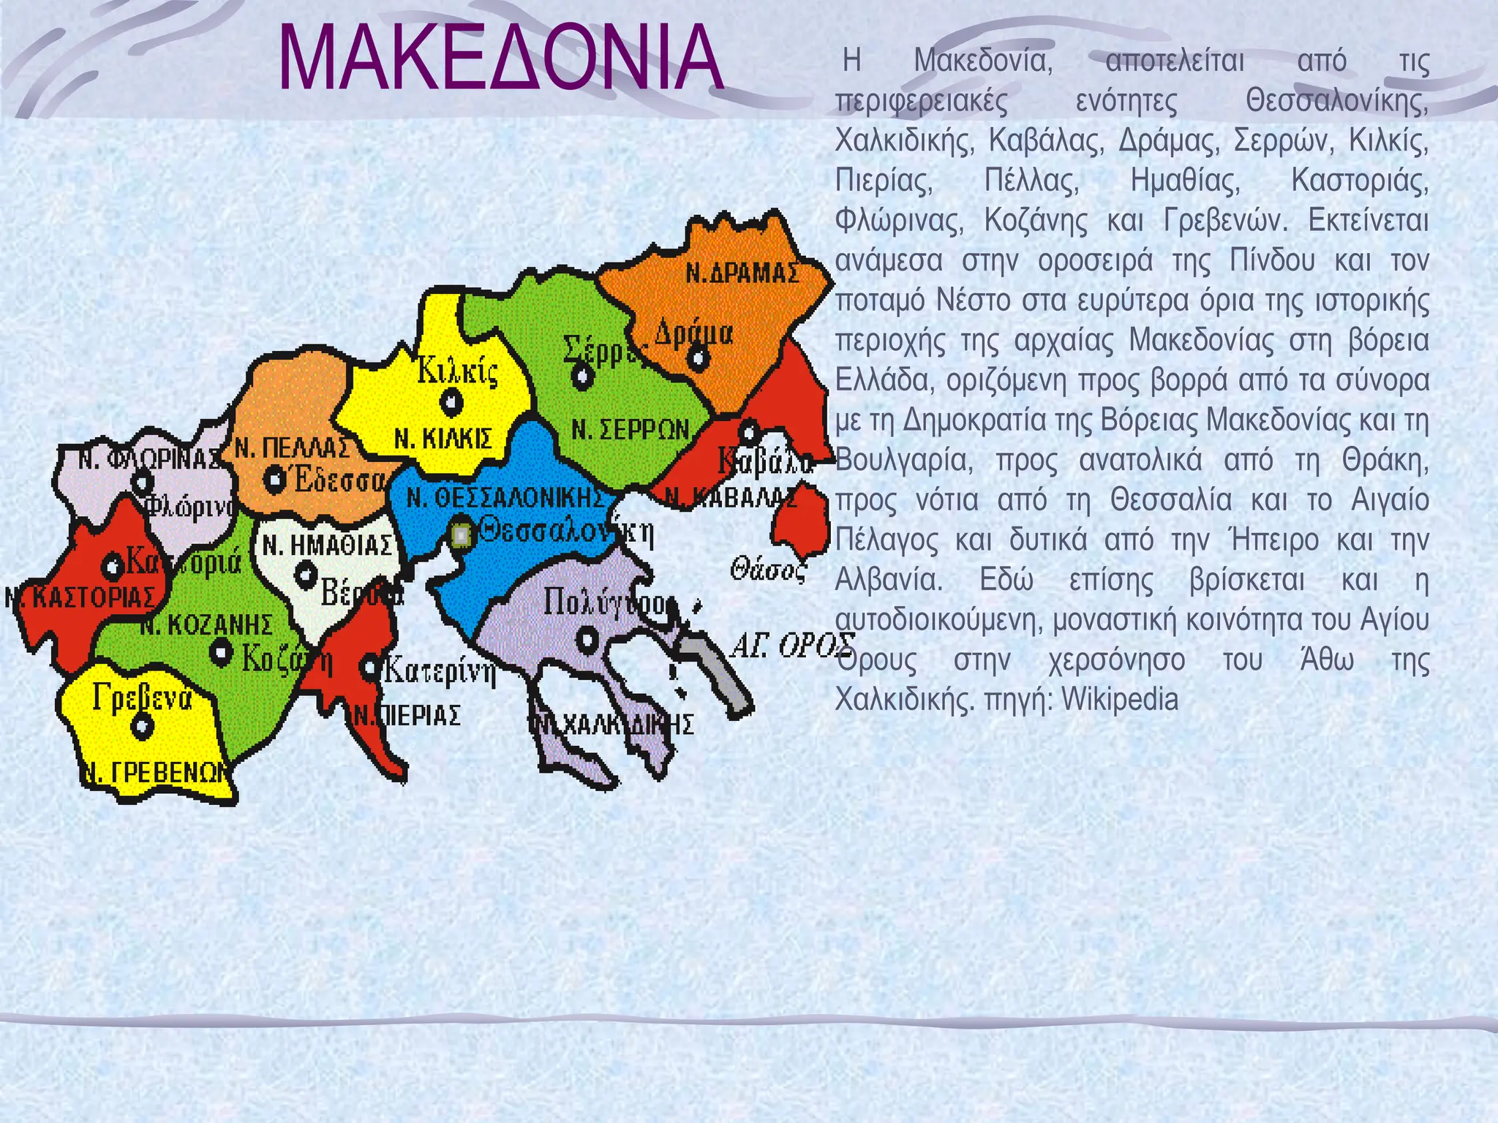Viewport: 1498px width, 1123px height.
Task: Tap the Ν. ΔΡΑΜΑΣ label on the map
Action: (x=742, y=273)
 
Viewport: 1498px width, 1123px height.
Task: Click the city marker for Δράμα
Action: (x=699, y=358)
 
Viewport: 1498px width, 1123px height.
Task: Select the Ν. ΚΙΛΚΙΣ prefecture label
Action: (x=443, y=439)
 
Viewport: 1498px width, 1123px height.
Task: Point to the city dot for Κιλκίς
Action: (x=451, y=401)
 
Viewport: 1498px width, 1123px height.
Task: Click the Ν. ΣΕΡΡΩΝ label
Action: (x=631, y=429)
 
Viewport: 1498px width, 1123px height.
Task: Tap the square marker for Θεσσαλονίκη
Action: (x=461, y=536)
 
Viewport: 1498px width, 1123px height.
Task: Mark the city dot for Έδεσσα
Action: (x=274, y=480)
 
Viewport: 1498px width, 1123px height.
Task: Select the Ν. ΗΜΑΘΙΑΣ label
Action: (x=328, y=545)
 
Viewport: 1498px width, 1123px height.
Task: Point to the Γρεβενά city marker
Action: (x=142, y=726)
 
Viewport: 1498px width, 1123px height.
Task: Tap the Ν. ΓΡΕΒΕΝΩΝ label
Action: (x=155, y=772)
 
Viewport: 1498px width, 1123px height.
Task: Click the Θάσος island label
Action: (x=768, y=569)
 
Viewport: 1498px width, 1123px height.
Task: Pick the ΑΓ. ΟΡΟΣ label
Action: (x=794, y=646)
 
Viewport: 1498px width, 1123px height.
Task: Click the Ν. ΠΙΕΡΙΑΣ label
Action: (x=407, y=716)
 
